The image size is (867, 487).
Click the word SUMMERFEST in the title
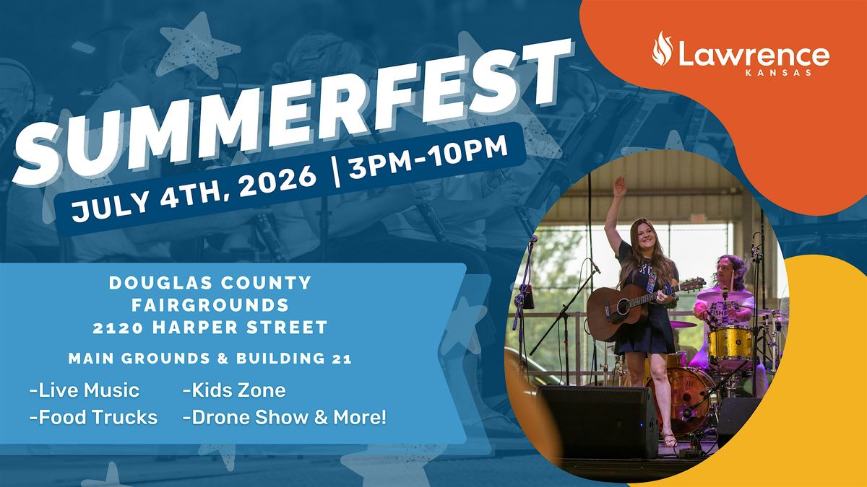click(292, 111)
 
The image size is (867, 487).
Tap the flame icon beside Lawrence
click(663, 49)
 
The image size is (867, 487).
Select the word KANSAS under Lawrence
click(778, 73)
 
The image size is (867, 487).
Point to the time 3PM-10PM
click(428, 157)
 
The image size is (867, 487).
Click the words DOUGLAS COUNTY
click(210, 283)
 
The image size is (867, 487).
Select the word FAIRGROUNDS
click(210, 305)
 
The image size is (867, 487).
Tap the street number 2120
click(118, 328)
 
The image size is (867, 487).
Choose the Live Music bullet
click(85, 390)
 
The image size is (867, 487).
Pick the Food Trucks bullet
click(94, 418)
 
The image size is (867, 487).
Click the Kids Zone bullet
click(234, 390)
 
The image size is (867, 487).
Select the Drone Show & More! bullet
click(285, 418)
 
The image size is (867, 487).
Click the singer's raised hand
click(620, 188)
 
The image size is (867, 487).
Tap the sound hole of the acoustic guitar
click(623, 308)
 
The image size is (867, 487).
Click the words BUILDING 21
click(294, 359)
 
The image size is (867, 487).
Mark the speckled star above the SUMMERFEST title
click(198, 47)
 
